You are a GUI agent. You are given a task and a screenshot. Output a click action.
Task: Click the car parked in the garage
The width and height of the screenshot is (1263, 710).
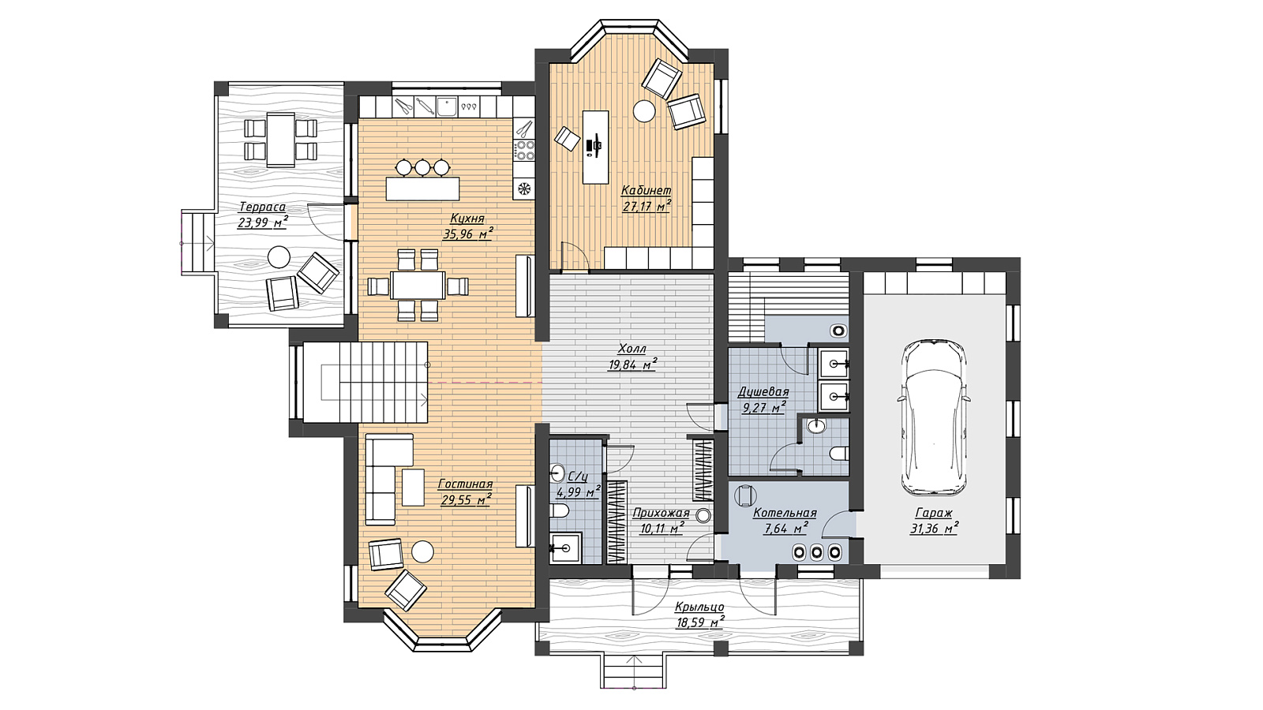point(934,417)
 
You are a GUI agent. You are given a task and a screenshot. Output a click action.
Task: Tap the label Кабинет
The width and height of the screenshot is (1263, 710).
point(646,190)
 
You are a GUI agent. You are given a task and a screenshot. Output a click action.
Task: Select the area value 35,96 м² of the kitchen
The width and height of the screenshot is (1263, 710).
point(468,234)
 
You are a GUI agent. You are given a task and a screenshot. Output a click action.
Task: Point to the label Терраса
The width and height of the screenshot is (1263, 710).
point(262,207)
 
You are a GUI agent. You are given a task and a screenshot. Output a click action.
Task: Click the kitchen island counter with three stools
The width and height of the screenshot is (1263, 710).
point(422,189)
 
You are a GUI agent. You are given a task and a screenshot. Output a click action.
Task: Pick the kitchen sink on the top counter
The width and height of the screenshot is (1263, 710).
point(447,105)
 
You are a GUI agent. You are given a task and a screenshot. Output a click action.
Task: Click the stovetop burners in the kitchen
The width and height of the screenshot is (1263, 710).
point(524,149)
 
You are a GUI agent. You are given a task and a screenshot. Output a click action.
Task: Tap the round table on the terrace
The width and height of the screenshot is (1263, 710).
point(279,256)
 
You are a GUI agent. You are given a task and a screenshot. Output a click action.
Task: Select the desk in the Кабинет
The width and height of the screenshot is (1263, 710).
point(595,147)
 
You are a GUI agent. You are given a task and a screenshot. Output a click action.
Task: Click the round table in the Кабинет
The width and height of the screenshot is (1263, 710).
point(643,110)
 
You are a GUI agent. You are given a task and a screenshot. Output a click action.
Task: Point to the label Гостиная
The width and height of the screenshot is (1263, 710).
point(465,484)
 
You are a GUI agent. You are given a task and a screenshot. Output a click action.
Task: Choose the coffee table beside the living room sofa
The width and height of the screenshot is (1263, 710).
point(413,487)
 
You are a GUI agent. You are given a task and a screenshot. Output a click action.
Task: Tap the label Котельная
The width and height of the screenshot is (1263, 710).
point(785,514)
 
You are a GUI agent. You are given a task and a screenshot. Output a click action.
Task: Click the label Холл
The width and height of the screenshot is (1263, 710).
point(632,349)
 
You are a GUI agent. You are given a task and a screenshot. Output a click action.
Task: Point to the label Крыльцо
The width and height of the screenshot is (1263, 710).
point(699,607)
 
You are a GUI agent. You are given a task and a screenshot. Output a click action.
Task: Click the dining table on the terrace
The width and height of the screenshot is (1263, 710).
point(281,140)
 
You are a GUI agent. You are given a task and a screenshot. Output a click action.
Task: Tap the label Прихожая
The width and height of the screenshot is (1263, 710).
point(661,513)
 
